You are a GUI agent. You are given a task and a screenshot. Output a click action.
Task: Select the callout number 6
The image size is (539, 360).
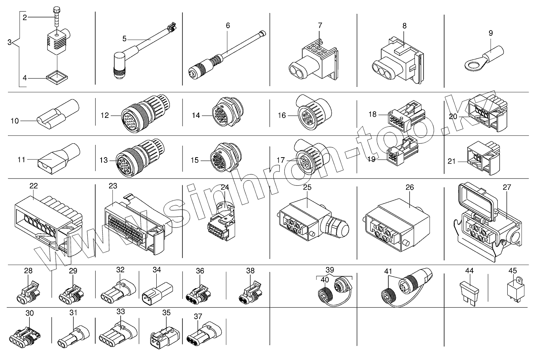tap(228, 25)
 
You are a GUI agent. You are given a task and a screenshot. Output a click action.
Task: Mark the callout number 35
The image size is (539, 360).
tap(166, 312)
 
